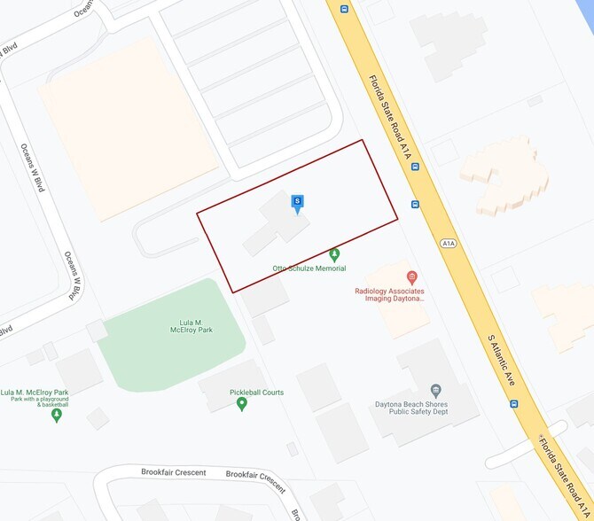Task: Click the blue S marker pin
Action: pos(298,203)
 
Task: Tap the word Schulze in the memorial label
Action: pos(309,268)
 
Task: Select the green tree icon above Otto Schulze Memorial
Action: pos(334,254)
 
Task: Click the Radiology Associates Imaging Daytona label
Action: pos(390,295)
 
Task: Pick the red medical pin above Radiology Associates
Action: pos(411,277)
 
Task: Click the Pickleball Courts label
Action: pos(256,393)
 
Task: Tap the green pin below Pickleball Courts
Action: pos(242,404)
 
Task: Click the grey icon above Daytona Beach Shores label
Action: pos(435,390)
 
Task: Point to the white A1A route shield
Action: pos(448,242)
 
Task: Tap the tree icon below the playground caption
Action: pos(58,414)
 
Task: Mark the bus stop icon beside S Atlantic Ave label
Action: pos(514,403)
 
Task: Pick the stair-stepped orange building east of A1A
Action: pos(511,177)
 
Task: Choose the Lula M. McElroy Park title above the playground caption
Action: pos(35,392)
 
